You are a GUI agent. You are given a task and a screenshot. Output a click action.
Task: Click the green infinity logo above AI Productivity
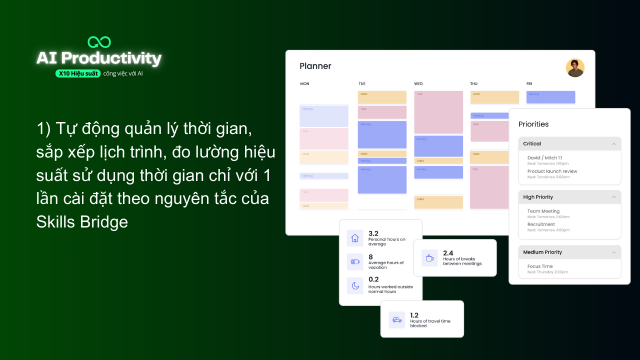point(99,42)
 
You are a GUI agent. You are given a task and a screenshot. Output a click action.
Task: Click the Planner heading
point(315,66)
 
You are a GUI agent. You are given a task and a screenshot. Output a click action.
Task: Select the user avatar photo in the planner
point(575,68)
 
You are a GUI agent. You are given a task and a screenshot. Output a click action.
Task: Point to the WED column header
point(418,84)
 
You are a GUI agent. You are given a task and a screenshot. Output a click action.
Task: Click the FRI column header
point(529,84)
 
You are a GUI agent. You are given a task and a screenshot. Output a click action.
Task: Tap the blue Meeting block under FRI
point(550,97)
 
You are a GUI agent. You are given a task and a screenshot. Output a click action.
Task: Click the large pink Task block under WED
point(438,112)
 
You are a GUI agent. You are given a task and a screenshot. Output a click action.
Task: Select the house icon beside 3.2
point(355,238)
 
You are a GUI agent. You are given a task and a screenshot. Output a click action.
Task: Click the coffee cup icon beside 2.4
point(429,258)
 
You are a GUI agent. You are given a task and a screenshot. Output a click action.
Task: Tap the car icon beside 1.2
point(397,320)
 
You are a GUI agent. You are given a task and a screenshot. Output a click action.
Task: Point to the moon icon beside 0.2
point(355,285)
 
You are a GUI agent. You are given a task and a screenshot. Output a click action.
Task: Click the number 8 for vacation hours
point(370,257)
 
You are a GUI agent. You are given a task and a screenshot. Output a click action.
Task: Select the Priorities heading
point(533,124)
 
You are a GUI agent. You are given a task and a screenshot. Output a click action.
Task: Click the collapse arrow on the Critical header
point(614,144)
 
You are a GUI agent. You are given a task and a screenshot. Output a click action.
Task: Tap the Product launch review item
point(552,171)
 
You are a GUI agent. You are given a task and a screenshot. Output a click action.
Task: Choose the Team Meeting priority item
point(543,211)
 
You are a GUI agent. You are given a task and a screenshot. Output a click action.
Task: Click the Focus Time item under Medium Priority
point(540,266)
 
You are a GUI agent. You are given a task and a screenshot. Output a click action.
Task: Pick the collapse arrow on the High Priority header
point(614,197)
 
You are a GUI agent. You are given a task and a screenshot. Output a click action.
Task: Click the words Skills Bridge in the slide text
point(82,222)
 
